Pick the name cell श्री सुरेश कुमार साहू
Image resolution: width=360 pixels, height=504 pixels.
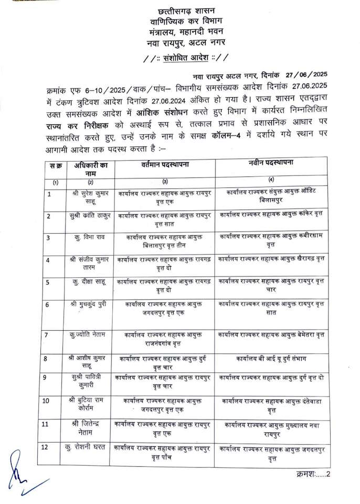click(90, 197)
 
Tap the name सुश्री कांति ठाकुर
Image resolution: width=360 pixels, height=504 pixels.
click(90, 215)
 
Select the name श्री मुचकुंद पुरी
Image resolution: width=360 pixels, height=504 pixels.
click(90, 304)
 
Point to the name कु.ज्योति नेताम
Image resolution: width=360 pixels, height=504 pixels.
click(90, 334)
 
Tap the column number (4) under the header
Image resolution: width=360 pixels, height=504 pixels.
click(271, 180)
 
